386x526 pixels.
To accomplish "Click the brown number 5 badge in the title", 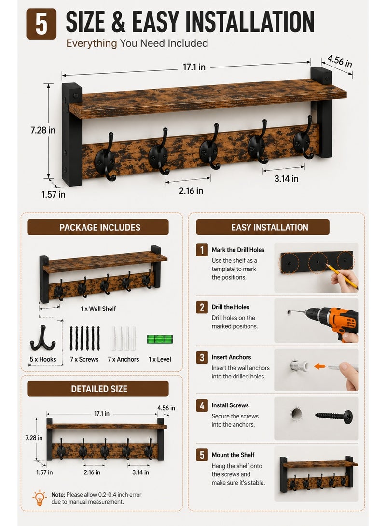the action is tap(41, 24).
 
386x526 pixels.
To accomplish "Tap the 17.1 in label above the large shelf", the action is tap(194, 67).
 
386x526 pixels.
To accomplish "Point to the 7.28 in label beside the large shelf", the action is tap(43, 130).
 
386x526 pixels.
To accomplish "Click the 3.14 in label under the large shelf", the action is tap(286, 179).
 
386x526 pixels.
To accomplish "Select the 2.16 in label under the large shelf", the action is tap(191, 191).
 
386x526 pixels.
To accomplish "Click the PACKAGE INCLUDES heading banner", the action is tap(97, 228).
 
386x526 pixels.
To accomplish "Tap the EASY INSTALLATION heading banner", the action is tap(263, 228).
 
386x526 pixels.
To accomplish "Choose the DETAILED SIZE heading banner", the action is tap(97, 389).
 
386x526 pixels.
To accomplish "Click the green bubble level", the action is tap(160, 339).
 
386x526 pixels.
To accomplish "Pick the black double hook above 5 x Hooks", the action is tap(42, 338).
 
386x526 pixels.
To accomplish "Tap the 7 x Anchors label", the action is tap(123, 359).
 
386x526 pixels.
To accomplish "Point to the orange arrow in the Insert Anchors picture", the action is tap(319, 366).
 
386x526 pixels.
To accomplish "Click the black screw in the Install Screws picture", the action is tap(334, 416).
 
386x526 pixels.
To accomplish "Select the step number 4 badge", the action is tap(202, 405).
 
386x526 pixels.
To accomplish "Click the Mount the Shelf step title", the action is tap(233, 455).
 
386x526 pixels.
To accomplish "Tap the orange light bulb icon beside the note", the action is tap(40, 498).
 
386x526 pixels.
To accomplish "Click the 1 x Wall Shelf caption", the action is tap(98, 309).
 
